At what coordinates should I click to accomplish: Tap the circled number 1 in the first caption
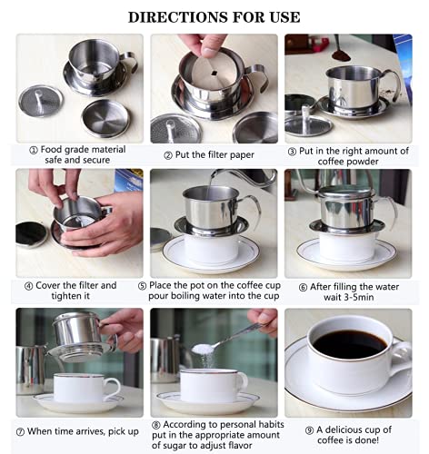coord(32,149)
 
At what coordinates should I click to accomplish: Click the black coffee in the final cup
coord(349,344)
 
